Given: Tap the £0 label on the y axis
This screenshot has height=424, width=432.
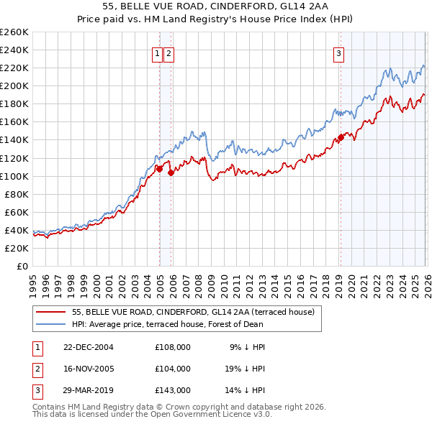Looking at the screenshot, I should [22, 266].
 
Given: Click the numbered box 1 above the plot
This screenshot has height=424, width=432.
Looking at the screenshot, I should [157, 52].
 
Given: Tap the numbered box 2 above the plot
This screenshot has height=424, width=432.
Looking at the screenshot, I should [168, 52].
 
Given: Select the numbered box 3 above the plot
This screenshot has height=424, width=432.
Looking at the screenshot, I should [338, 52].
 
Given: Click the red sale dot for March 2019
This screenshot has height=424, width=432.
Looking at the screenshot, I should [341, 137].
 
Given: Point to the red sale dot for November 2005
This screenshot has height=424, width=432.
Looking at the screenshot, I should [171, 172].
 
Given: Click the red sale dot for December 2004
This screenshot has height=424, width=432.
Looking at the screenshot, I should [159, 169].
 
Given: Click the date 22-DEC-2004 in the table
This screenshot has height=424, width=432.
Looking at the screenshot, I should [89, 347].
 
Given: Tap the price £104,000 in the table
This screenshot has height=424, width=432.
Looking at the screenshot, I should [173, 369].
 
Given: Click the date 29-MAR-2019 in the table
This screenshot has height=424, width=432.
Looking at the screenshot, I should [89, 390].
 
